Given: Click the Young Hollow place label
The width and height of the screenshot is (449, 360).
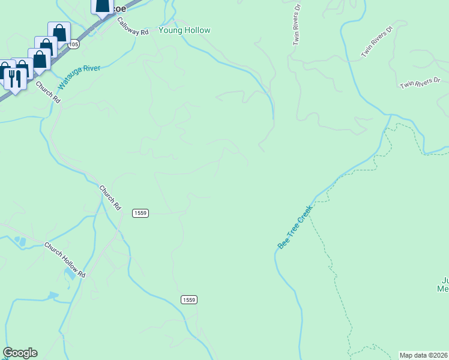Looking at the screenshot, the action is pos(184,30).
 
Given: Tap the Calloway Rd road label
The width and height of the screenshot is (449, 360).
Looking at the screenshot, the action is pos(133,27).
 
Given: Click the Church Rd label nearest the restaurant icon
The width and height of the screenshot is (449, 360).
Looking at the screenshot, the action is pos(47,92).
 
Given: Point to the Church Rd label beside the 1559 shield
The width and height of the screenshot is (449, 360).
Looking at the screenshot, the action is pos(110,197).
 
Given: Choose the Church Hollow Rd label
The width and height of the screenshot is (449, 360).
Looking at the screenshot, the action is pos(65,259).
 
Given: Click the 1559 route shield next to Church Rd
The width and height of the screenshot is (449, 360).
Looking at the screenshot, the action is pos(140,213).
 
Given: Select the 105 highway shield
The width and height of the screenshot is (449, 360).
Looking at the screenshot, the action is pos(73,44).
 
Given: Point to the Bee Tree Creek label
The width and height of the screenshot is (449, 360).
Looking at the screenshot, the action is pos(295,227).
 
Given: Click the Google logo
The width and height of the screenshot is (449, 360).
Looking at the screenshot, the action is pos(20,353).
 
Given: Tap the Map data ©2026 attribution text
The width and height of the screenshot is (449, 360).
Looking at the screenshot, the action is pos(424,355).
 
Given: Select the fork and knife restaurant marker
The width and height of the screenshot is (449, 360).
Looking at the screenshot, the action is pos(13,78).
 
